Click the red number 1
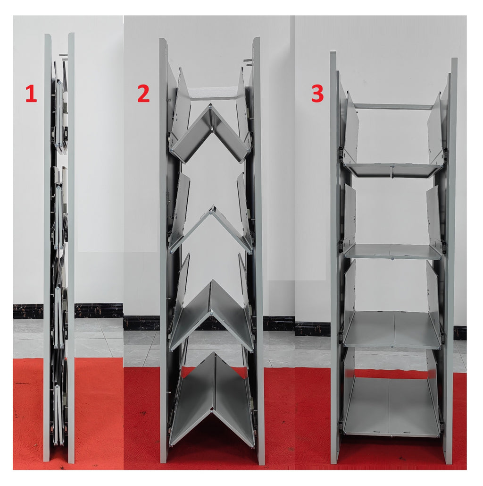tap(31, 94)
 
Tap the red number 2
tap(143, 94)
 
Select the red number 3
tap(317, 94)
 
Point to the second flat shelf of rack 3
tap(392, 251)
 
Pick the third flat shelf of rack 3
tap(392, 330)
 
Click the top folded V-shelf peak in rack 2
tap(210, 107)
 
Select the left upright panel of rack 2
tap(163, 248)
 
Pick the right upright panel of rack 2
tap(258, 248)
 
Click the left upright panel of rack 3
tap(334, 257)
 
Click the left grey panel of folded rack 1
tap(47, 248)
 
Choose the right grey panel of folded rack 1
tap(71, 248)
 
